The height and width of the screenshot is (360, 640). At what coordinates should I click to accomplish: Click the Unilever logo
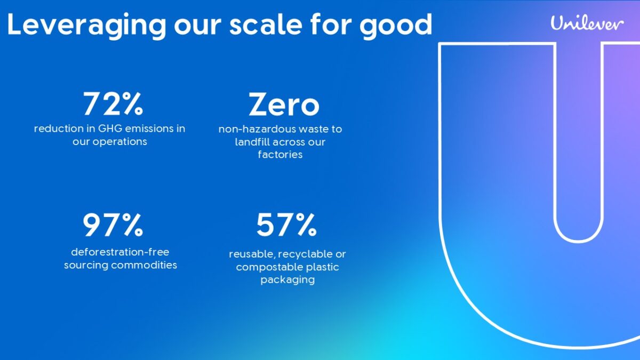587,23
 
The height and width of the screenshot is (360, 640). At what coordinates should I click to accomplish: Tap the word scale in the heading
266,25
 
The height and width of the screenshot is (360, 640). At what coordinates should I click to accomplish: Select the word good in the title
396,26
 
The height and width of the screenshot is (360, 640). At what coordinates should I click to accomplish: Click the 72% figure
113,103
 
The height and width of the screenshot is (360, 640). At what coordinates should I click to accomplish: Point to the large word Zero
284,105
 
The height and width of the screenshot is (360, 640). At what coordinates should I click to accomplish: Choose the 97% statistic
113,225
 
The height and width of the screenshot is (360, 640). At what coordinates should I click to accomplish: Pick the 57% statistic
286,225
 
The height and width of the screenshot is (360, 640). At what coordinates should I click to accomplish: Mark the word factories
280,155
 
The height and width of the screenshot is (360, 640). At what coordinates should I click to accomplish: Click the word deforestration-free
120,252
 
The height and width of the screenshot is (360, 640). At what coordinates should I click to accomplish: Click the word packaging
287,280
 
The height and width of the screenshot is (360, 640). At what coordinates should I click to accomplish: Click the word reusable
252,254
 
